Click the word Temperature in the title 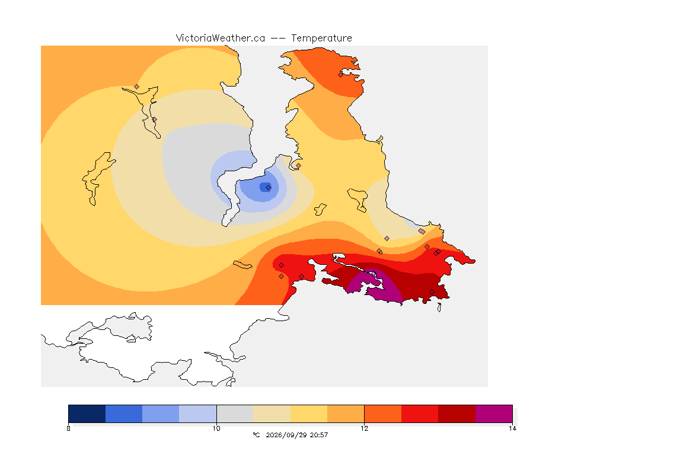coord(321,39)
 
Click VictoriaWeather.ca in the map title coord(221,39)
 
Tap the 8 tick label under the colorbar coord(68,428)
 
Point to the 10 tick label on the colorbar coord(216,428)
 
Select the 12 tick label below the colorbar coord(364,428)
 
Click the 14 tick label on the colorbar coord(512,428)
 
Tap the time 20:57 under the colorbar coord(319,435)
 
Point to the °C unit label coord(256,435)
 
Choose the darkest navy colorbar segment coord(87,414)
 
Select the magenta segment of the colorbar coord(494,414)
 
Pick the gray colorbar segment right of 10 coord(235,414)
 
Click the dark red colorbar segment coord(457,414)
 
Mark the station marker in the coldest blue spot coord(269,188)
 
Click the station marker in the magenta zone coord(374,274)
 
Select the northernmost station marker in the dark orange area coord(341,75)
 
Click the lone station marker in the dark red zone coord(432,291)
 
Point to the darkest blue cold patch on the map coord(265,187)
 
